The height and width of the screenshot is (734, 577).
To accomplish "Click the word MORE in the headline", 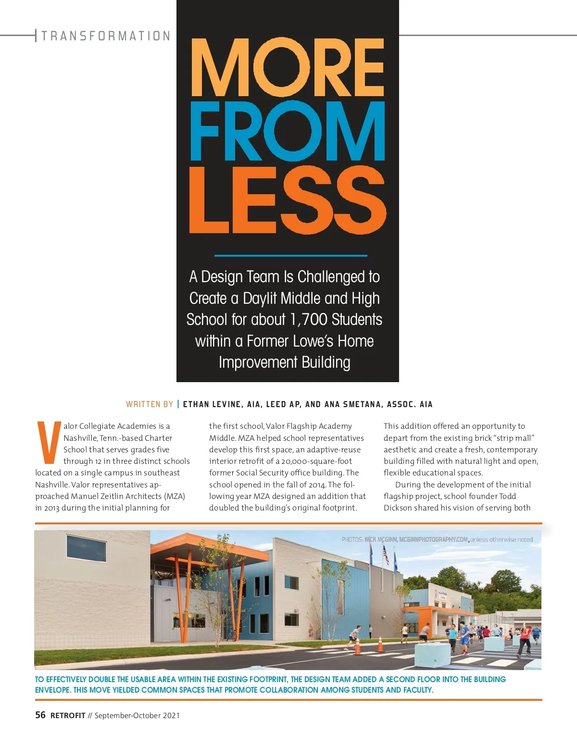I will (x=288, y=67).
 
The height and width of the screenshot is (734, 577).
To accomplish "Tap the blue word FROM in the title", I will (x=288, y=131).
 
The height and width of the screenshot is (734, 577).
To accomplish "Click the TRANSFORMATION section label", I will (x=106, y=36).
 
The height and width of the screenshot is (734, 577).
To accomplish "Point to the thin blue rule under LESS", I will (x=290, y=256).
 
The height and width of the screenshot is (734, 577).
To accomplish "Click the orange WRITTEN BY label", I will (x=149, y=404).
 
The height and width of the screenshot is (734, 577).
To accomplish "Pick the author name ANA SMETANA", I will (x=353, y=404).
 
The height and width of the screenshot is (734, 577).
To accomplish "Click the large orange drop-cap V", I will (x=49, y=442).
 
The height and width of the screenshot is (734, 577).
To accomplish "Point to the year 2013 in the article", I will (x=51, y=508).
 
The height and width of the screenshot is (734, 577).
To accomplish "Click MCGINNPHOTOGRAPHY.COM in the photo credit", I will (x=433, y=539).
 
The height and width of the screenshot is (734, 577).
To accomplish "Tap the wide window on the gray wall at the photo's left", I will (x=87, y=548).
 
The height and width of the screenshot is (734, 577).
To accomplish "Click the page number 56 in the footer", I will (x=40, y=715).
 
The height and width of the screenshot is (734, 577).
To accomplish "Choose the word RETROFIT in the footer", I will (x=68, y=716).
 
